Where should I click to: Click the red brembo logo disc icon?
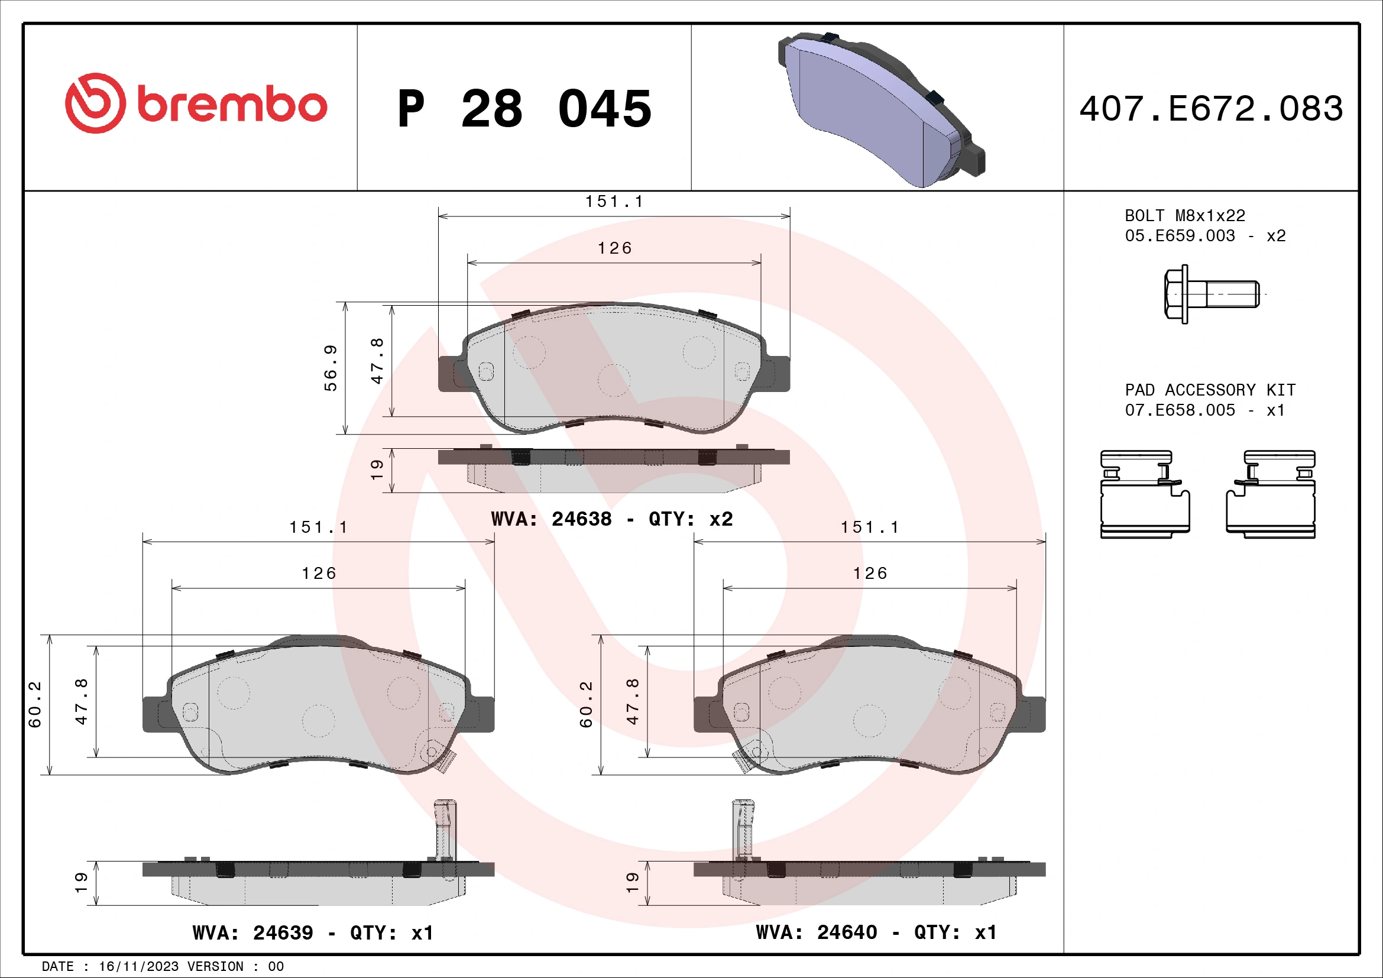[95, 103]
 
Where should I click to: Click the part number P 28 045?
[524, 109]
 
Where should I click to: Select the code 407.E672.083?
[1211, 109]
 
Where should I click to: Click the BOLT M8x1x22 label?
[1184, 216]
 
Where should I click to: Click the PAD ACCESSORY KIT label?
[1210, 390]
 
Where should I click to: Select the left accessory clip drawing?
[1145, 494]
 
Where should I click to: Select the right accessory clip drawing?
[1271, 494]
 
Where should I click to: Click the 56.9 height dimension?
[330, 368]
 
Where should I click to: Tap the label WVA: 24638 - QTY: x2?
[611, 519]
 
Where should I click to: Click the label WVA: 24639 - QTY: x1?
[313, 932]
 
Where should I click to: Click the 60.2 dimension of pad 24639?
[35, 704]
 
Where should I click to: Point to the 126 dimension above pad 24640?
[870, 574]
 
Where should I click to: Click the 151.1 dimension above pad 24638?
[614, 202]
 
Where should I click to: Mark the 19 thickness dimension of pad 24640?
[631, 882]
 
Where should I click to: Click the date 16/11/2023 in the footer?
[138, 966]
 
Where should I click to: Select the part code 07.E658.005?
[1180, 410]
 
